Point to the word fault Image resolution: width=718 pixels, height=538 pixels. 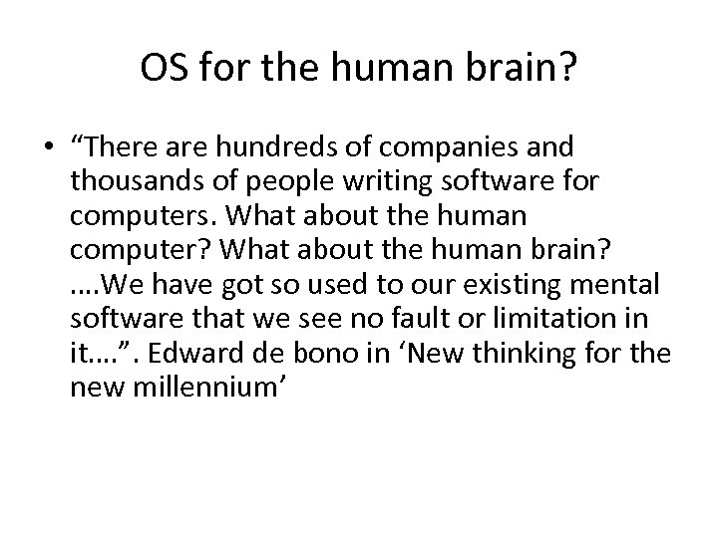point(394,319)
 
